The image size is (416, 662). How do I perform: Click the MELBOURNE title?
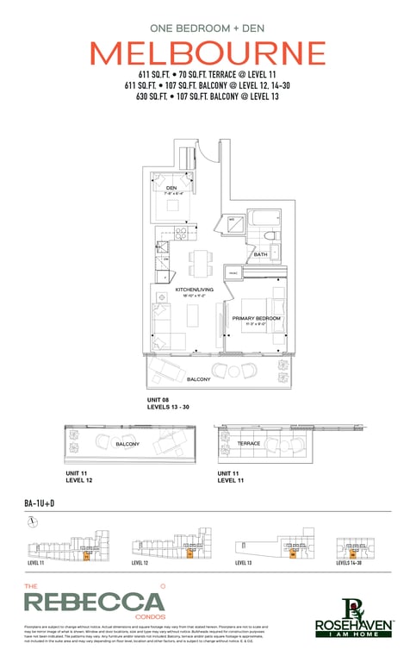[208, 53]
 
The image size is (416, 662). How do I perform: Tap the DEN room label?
[171, 188]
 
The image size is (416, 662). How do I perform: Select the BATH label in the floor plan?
[260, 255]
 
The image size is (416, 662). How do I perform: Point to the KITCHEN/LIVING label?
[194, 290]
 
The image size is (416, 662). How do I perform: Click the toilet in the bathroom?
[270, 236]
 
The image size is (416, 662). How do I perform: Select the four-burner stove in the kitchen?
[182, 233]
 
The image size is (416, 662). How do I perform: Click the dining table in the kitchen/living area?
[200, 262]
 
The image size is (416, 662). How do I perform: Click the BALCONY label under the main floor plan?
[200, 379]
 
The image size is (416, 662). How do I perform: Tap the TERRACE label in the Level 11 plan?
[249, 444]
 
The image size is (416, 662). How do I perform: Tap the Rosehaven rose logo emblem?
[354, 609]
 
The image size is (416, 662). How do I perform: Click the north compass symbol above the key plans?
[31, 521]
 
